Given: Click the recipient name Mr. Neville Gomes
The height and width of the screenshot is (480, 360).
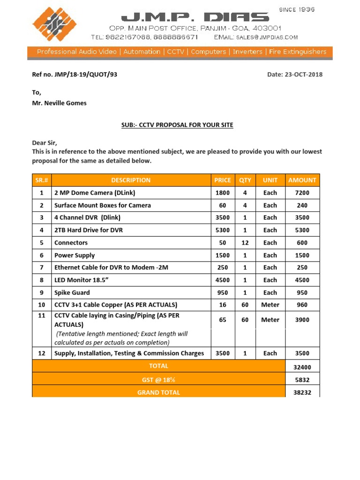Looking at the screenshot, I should pos(59,103).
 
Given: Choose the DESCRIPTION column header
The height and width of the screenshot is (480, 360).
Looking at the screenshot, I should pos(131,180).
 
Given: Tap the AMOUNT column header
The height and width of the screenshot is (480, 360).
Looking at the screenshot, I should pos(302,180).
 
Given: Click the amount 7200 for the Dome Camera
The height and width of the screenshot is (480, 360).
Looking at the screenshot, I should pos(302,193).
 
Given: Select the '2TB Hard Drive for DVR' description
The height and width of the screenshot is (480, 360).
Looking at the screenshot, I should pos(89,230).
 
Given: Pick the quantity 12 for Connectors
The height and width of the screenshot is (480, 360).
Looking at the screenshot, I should pos(245,243).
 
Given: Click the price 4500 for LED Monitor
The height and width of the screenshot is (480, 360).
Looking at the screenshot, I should pos(222,280).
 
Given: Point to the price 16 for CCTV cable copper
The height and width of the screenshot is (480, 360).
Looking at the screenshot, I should pos(222,305).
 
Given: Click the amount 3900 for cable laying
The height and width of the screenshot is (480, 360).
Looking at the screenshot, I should pos(302,320).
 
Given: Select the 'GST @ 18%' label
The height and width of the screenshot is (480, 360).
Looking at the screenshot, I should pos(158,379).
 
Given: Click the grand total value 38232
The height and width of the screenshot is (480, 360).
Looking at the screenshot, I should pos(302,393).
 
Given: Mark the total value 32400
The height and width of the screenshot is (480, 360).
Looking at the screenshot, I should pos(302,367).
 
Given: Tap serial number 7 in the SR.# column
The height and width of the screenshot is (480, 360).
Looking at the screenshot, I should pos(42,268).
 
